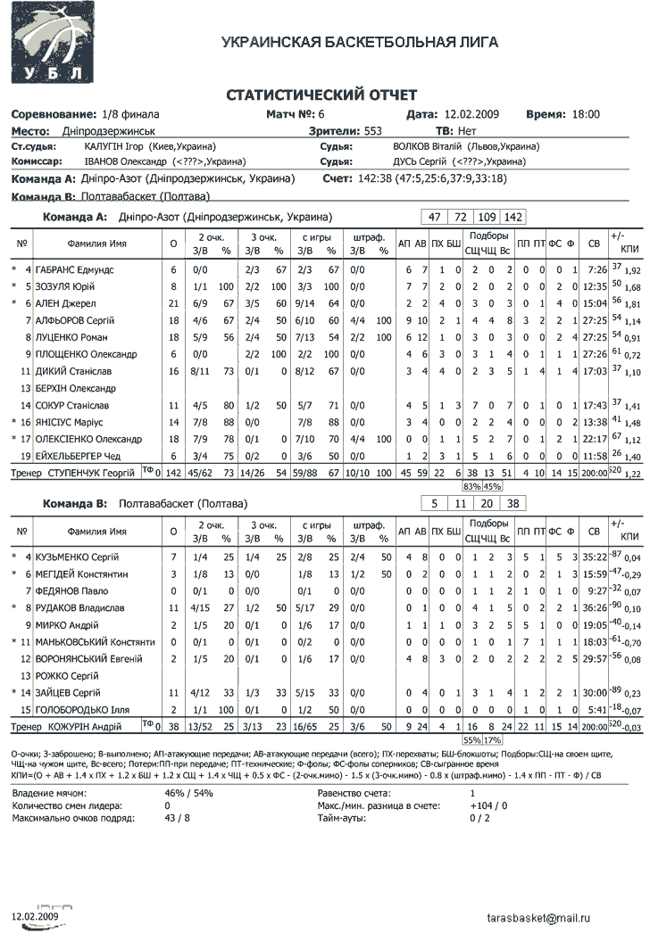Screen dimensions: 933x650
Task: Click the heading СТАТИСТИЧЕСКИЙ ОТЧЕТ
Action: tap(321, 95)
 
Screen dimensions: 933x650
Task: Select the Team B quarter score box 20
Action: tap(487, 504)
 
